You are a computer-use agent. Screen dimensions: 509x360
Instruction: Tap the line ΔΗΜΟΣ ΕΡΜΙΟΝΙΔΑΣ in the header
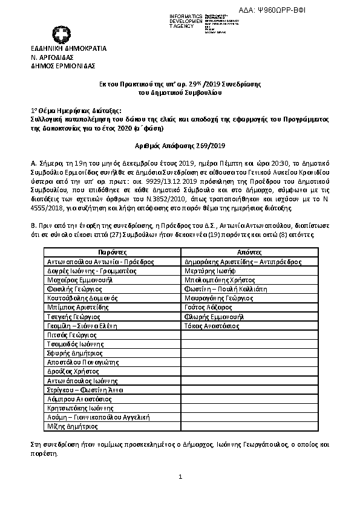point(63,65)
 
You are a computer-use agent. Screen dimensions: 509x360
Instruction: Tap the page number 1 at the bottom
point(180,478)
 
